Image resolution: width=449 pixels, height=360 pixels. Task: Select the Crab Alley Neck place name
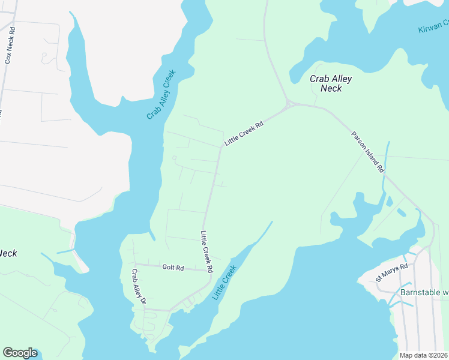coord(330,83)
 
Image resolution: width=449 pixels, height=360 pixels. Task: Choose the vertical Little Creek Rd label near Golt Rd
coord(207,252)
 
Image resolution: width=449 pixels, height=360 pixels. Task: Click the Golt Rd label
coord(173,267)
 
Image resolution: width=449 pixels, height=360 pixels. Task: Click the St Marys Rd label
coord(392,272)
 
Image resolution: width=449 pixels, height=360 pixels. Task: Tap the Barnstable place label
coord(424,293)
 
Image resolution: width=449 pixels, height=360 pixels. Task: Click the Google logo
coord(20,353)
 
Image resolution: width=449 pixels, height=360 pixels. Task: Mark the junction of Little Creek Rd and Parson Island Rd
coord(289,104)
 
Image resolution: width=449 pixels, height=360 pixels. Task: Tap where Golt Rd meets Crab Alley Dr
coord(135,264)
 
